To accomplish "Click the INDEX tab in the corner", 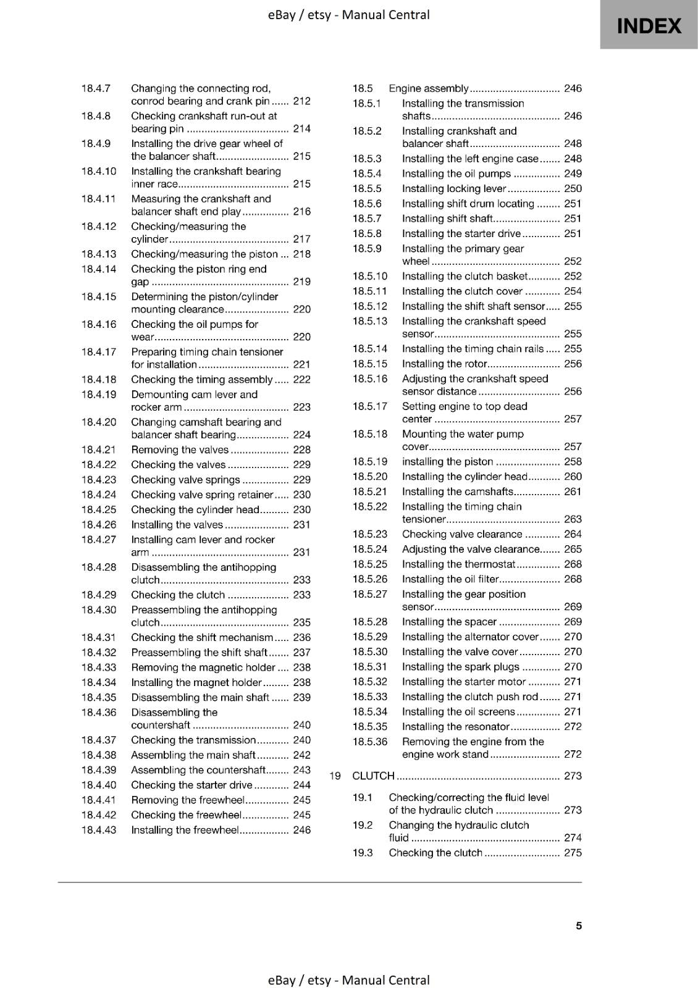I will [649, 25].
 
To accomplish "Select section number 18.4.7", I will [96, 88].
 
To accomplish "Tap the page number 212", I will [301, 101].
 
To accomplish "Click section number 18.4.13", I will [98, 254].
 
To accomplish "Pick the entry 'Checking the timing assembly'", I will [201, 379].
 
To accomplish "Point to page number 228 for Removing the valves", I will [301, 450].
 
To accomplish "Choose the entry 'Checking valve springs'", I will [185, 480].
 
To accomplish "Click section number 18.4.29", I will [98, 595].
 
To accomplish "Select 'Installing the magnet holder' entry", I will [196, 682].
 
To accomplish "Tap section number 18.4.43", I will [98, 830].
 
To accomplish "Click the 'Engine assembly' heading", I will [428, 88].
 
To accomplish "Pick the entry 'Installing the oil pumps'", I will [456, 174].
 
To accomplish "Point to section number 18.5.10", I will [370, 276].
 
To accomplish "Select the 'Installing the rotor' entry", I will [445, 364].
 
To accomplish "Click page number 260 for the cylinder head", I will [573, 476].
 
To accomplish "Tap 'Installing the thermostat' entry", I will [458, 564].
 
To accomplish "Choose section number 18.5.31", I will [370, 666].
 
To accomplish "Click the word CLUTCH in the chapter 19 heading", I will [373, 776].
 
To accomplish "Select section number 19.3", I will [363, 853].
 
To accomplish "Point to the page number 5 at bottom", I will [579, 926].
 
